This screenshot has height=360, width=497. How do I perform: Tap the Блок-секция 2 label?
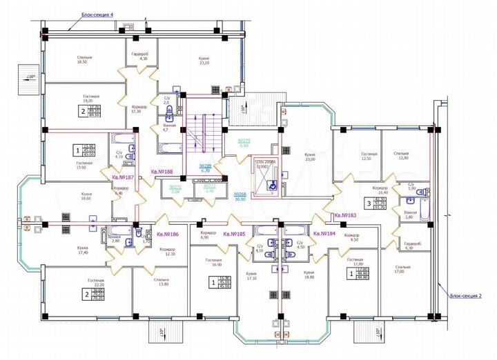click(467, 295)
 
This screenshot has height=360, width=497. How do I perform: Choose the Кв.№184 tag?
click(324, 234)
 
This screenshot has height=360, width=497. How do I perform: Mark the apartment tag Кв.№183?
click(344, 215)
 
